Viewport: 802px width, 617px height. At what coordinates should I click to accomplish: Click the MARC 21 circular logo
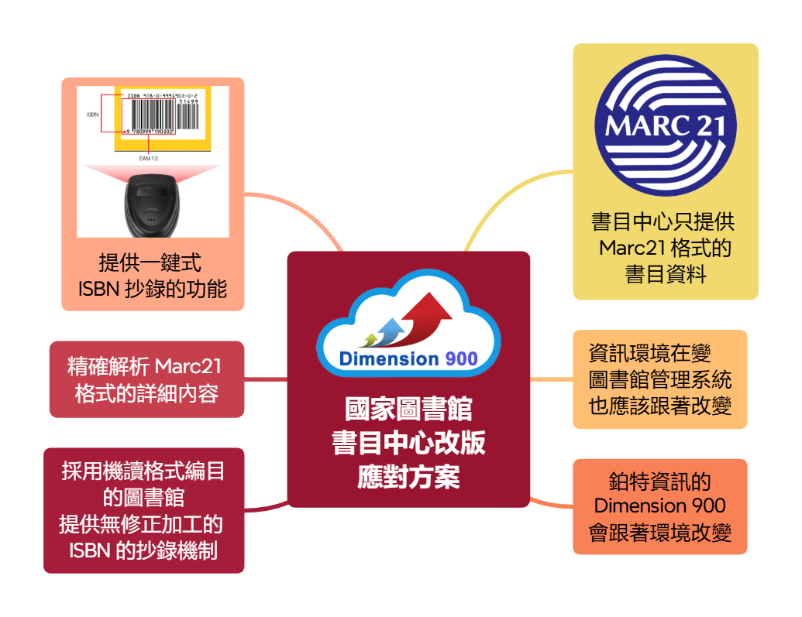665,125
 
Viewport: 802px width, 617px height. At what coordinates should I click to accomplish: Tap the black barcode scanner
152,205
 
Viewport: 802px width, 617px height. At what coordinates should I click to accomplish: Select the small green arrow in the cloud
370,339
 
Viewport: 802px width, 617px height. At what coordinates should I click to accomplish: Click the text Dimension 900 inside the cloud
408,359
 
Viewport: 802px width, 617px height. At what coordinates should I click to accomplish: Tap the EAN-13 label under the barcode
148,159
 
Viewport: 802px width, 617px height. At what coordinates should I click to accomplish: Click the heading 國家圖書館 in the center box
408,409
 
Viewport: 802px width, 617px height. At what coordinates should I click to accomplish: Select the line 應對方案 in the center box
408,476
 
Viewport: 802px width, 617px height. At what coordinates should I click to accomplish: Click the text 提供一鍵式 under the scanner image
150,262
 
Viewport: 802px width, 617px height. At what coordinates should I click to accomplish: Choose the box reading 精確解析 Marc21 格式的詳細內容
146,379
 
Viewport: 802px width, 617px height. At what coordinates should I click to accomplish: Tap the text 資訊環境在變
649,353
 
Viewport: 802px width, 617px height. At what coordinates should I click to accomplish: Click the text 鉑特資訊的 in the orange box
659,481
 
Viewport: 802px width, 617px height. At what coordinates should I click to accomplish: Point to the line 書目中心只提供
663,222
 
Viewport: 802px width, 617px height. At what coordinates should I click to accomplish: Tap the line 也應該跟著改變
659,406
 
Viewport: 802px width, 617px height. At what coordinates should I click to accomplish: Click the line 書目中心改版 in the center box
408,443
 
